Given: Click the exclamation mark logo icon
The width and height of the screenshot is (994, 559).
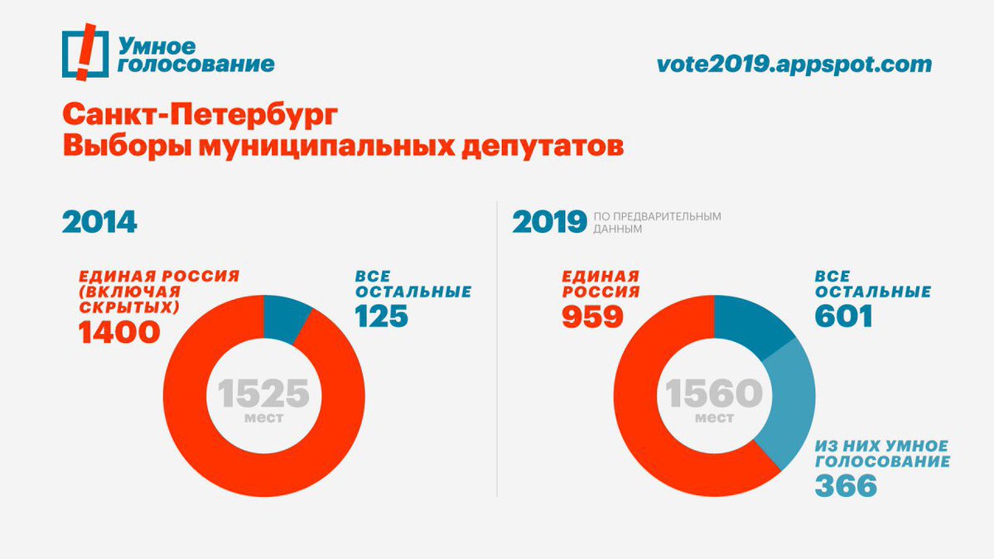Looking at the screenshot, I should pos(84,54).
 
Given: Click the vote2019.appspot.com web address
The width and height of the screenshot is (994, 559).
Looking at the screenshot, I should pos(794,64).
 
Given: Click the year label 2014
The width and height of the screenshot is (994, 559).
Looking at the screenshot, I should pos(99,223).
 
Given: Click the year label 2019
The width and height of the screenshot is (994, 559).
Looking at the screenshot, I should pos(549,223).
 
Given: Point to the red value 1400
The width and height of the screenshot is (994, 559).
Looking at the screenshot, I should pos(118,332).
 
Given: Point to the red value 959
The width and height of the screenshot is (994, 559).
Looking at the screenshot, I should pos(592,316).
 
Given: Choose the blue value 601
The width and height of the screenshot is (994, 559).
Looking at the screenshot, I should pos(843,316).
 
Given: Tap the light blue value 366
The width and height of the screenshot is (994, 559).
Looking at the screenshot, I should pos(846,485).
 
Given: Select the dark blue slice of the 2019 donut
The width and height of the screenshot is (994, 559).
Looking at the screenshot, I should pos(751,322).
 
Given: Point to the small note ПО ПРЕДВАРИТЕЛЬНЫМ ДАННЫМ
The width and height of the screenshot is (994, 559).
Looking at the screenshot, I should pos(657,222).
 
